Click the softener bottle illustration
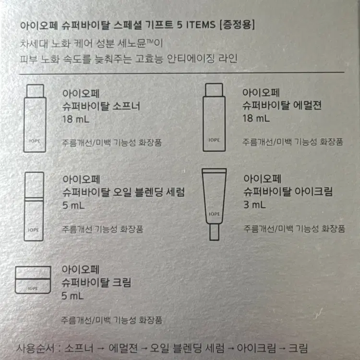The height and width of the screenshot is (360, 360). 35,118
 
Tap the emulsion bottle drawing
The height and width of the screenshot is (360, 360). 214,117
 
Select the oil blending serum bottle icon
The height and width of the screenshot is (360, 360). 34,206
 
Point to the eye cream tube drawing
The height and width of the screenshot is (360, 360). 214,204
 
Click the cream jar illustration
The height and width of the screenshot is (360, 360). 33,280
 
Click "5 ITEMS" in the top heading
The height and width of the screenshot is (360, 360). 196,25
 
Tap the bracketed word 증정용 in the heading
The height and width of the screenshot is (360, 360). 237,24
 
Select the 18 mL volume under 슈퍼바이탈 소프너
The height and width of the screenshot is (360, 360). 76,120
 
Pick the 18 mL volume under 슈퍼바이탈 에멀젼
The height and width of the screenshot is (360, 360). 256,119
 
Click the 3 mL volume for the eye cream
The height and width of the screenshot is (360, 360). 254,204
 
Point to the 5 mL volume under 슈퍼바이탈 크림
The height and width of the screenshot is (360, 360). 72,296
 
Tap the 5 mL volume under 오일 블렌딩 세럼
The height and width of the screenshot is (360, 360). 73,205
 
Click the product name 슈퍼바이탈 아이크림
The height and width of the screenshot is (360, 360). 288,192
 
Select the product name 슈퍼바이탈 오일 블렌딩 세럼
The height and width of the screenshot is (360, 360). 123,192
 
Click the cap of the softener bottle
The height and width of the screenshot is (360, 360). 35,91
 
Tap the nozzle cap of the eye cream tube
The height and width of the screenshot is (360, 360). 214,232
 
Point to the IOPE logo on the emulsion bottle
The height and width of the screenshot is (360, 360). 214,140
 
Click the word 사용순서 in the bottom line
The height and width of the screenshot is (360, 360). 36,348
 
